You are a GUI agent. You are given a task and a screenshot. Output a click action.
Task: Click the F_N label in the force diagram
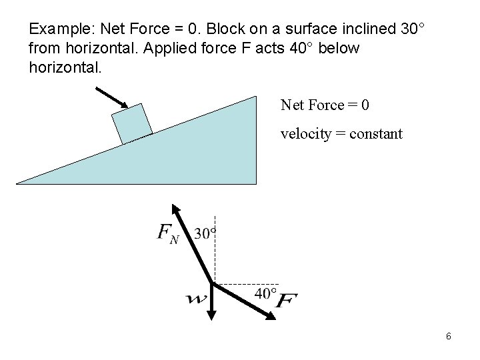[167, 234]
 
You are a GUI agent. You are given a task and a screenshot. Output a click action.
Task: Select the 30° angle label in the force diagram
[205, 233]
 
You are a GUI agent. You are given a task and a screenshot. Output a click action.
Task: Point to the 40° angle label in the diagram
[265, 293]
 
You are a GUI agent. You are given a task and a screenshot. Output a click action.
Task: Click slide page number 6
[449, 336]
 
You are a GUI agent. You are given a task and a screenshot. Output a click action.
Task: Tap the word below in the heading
[339, 49]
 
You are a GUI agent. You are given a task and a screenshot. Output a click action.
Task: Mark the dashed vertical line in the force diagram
[214, 247]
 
